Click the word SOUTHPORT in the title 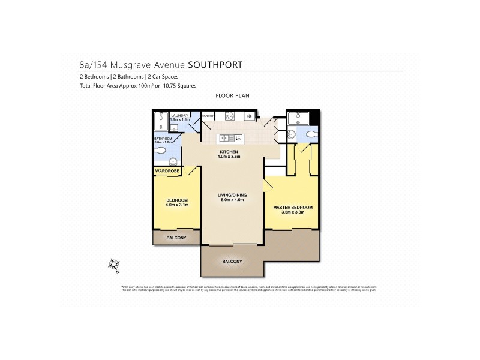[215, 64]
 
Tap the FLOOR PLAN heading [232, 95]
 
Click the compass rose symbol [113, 263]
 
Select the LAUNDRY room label [180, 116]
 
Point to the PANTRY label [208, 116]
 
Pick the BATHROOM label [163, 139]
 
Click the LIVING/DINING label [232, 195]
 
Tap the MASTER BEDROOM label [292, 208]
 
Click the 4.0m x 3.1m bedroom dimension [177, 205]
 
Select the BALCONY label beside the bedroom [176, 238]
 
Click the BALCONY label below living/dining [232, 262]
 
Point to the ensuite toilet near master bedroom [311, 134]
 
